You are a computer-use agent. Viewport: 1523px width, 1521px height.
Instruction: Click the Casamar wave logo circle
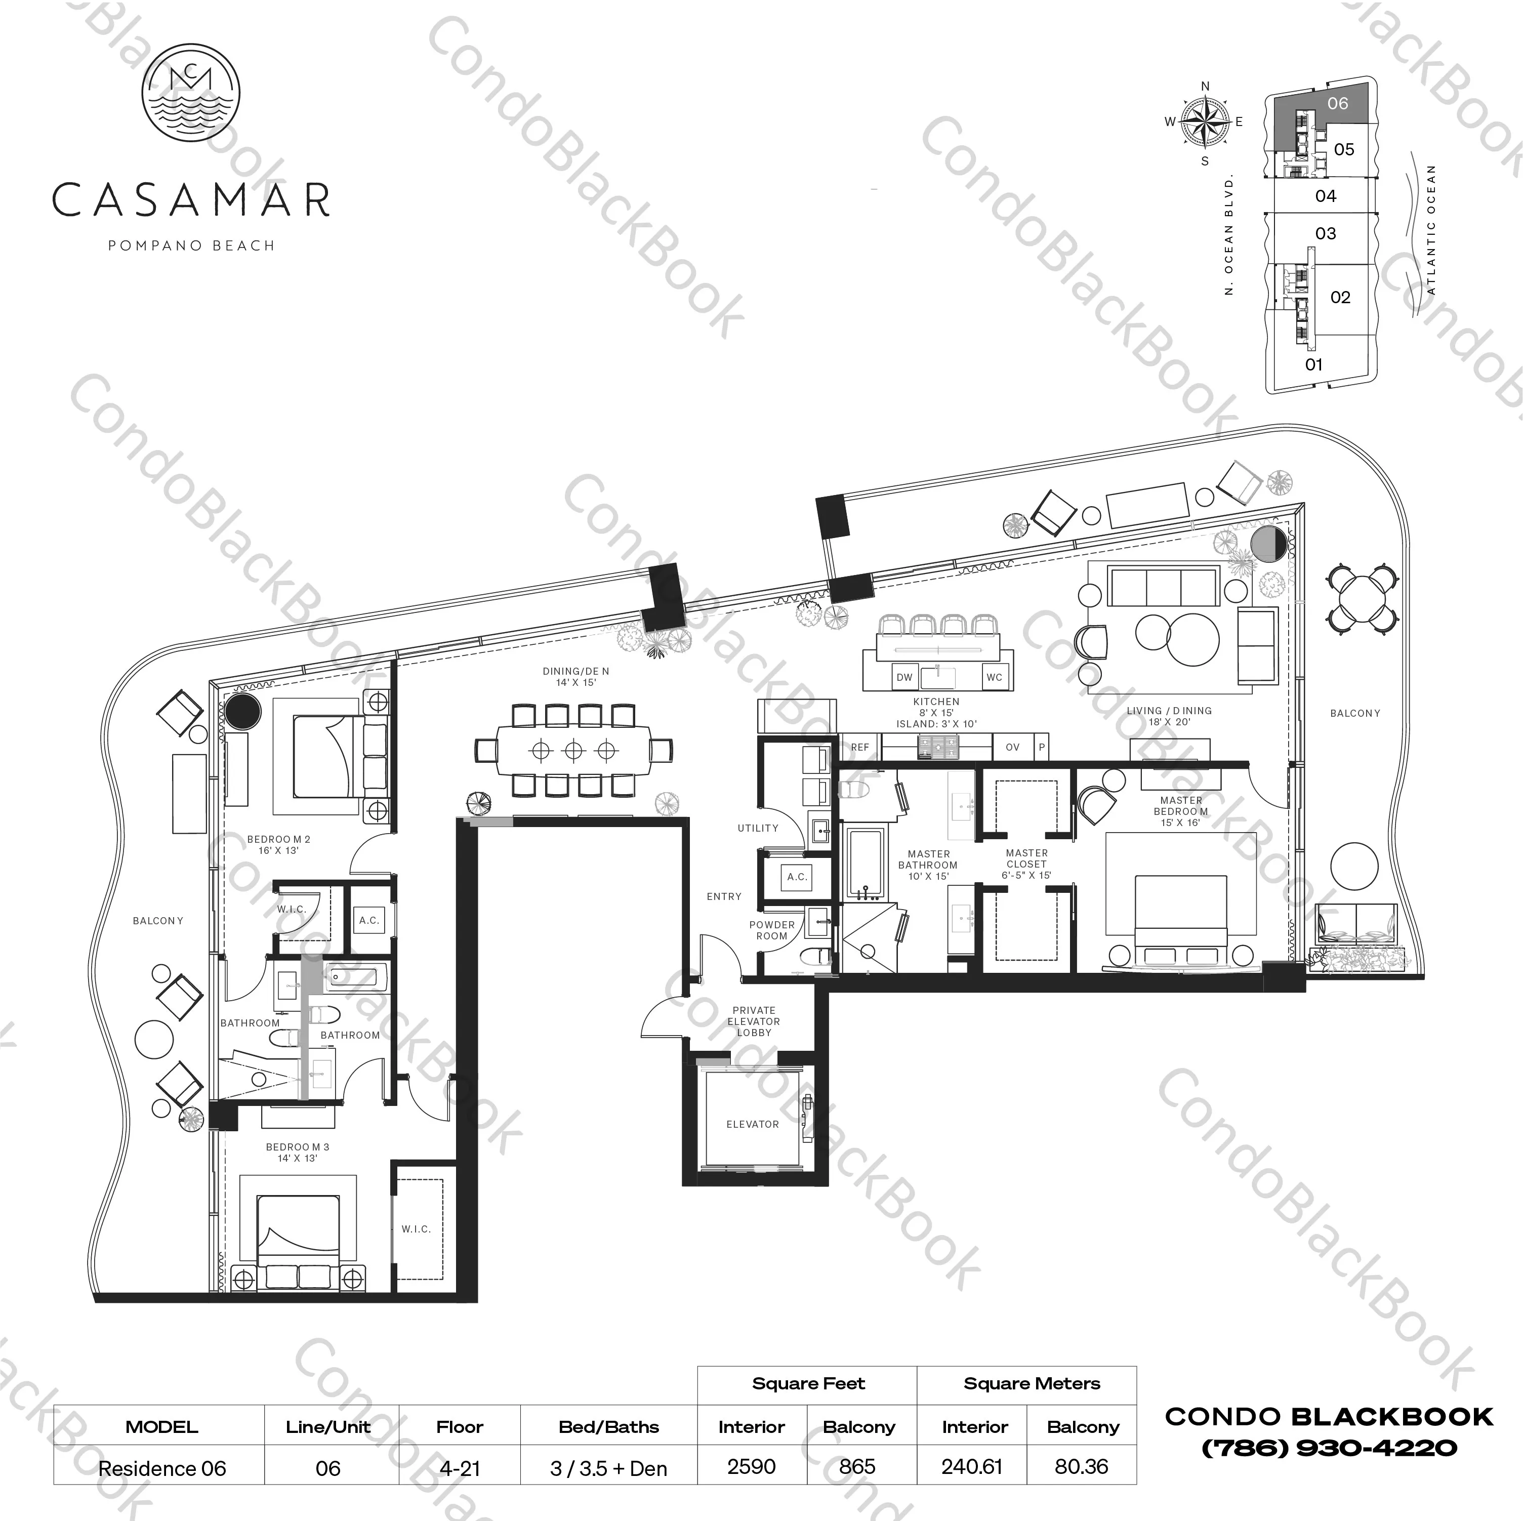coord(191,93)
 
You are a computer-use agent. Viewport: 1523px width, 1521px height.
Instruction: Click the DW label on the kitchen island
coord(904,677)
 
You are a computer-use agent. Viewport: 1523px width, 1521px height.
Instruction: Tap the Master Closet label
coord(1026,864)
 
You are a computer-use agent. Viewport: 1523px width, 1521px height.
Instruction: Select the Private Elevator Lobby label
coord(754,1021)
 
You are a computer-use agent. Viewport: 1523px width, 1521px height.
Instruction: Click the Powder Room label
coord(772,930)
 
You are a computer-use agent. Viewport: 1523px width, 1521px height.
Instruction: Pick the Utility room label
coord(758,828)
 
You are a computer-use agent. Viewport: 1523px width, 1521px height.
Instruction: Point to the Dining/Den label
coord(575,677)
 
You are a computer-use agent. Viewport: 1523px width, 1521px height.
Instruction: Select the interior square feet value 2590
coord(751,1467)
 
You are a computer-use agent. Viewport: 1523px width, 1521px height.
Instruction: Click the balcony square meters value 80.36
coord(1082,1467)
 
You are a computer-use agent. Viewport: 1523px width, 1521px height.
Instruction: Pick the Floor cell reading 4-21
coord(460,1468)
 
